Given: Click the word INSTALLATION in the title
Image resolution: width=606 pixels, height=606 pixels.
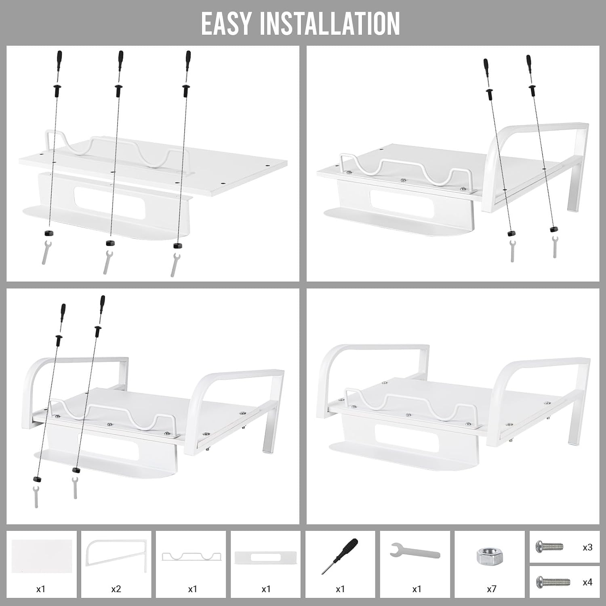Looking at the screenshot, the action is click(x=329, y=23).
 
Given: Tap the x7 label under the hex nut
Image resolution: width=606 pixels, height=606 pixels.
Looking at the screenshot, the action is click(x=491, y=589).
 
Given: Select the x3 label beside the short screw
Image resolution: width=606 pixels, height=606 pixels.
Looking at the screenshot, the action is click(x=587, y=547).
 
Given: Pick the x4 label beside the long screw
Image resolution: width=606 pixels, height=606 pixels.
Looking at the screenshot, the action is click(x=587, y=582).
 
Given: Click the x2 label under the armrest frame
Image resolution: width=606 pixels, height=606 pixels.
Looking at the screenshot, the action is click(x=116, y=589).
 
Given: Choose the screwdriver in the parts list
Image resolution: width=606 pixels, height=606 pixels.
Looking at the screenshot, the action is click(x=340, y=556).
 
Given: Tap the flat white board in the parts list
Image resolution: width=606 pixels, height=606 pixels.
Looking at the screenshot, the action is click(x=42, y=556).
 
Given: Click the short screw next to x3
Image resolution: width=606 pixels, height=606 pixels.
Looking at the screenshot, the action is click(x=549, y=547).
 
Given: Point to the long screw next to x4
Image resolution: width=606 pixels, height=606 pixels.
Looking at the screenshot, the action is click(x=553, y=582).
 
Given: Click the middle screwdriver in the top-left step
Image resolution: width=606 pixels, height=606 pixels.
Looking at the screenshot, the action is click(x=120, y=67).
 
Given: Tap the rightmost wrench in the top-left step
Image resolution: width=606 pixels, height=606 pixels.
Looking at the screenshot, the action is click(x=175, y=265).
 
